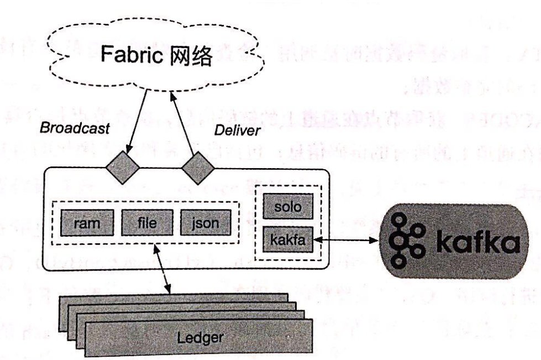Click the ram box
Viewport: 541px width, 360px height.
pos(87,223)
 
